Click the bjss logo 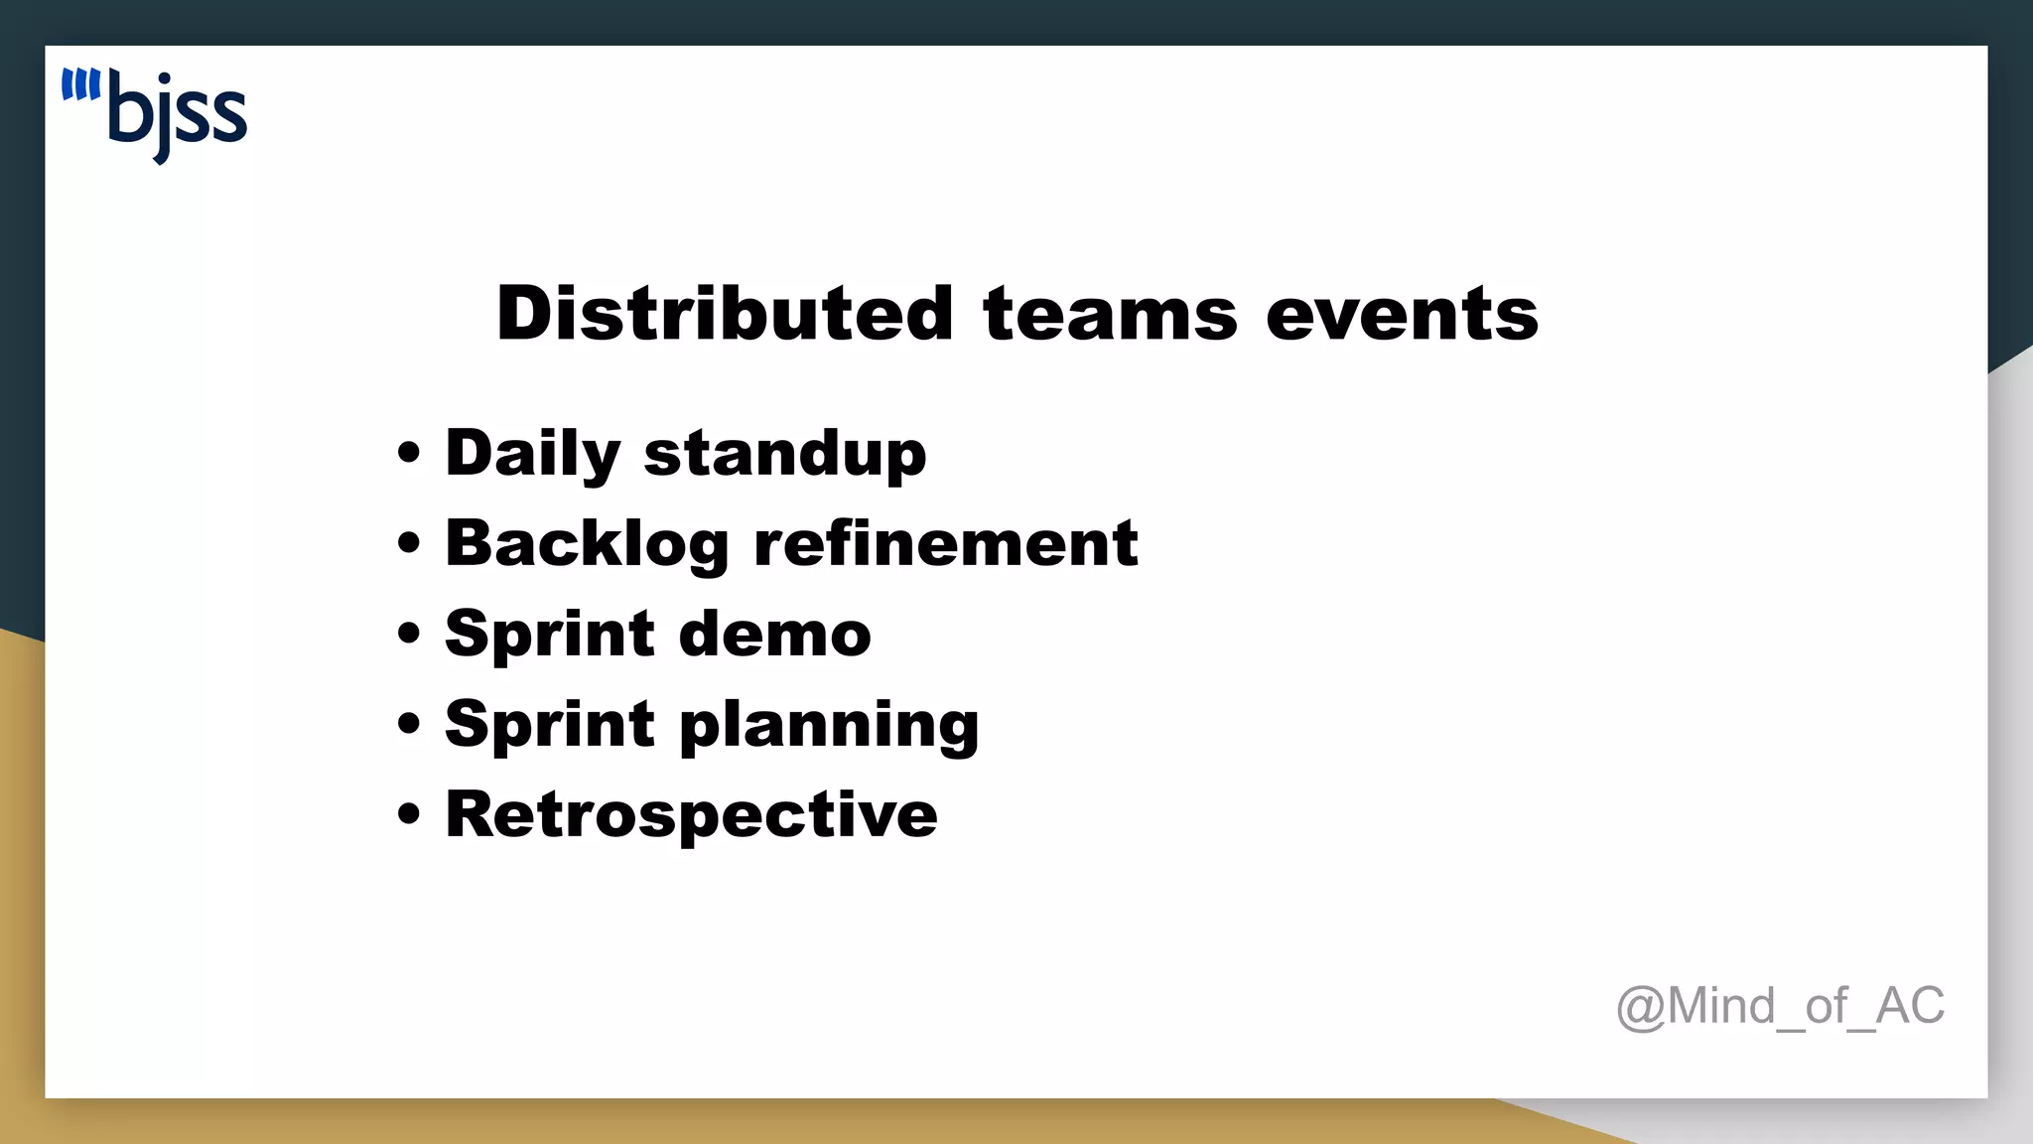(x=156, y=114)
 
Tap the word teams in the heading (x=1110, y=314)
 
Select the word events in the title (x=1402, y=314)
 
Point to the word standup (x=785, y=454)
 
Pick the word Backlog (x=587, y=544)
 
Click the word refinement (x=946, y=544)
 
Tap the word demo (x=775, y=634)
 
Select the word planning (x=829, y=725)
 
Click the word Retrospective (x=691, y=814)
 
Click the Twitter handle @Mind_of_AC (x=1780, y=1006)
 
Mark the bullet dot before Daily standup (x=408, y=454)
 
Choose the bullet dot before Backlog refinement (x=408, y=544)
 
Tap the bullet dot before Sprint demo (x=408, y=634)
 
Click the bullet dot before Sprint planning (x=408, y=724)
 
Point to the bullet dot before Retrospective (x=408, y=814)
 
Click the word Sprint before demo (x=550, y=634)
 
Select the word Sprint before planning (x=550, y=725)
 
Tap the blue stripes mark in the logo (x=80, y=85)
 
